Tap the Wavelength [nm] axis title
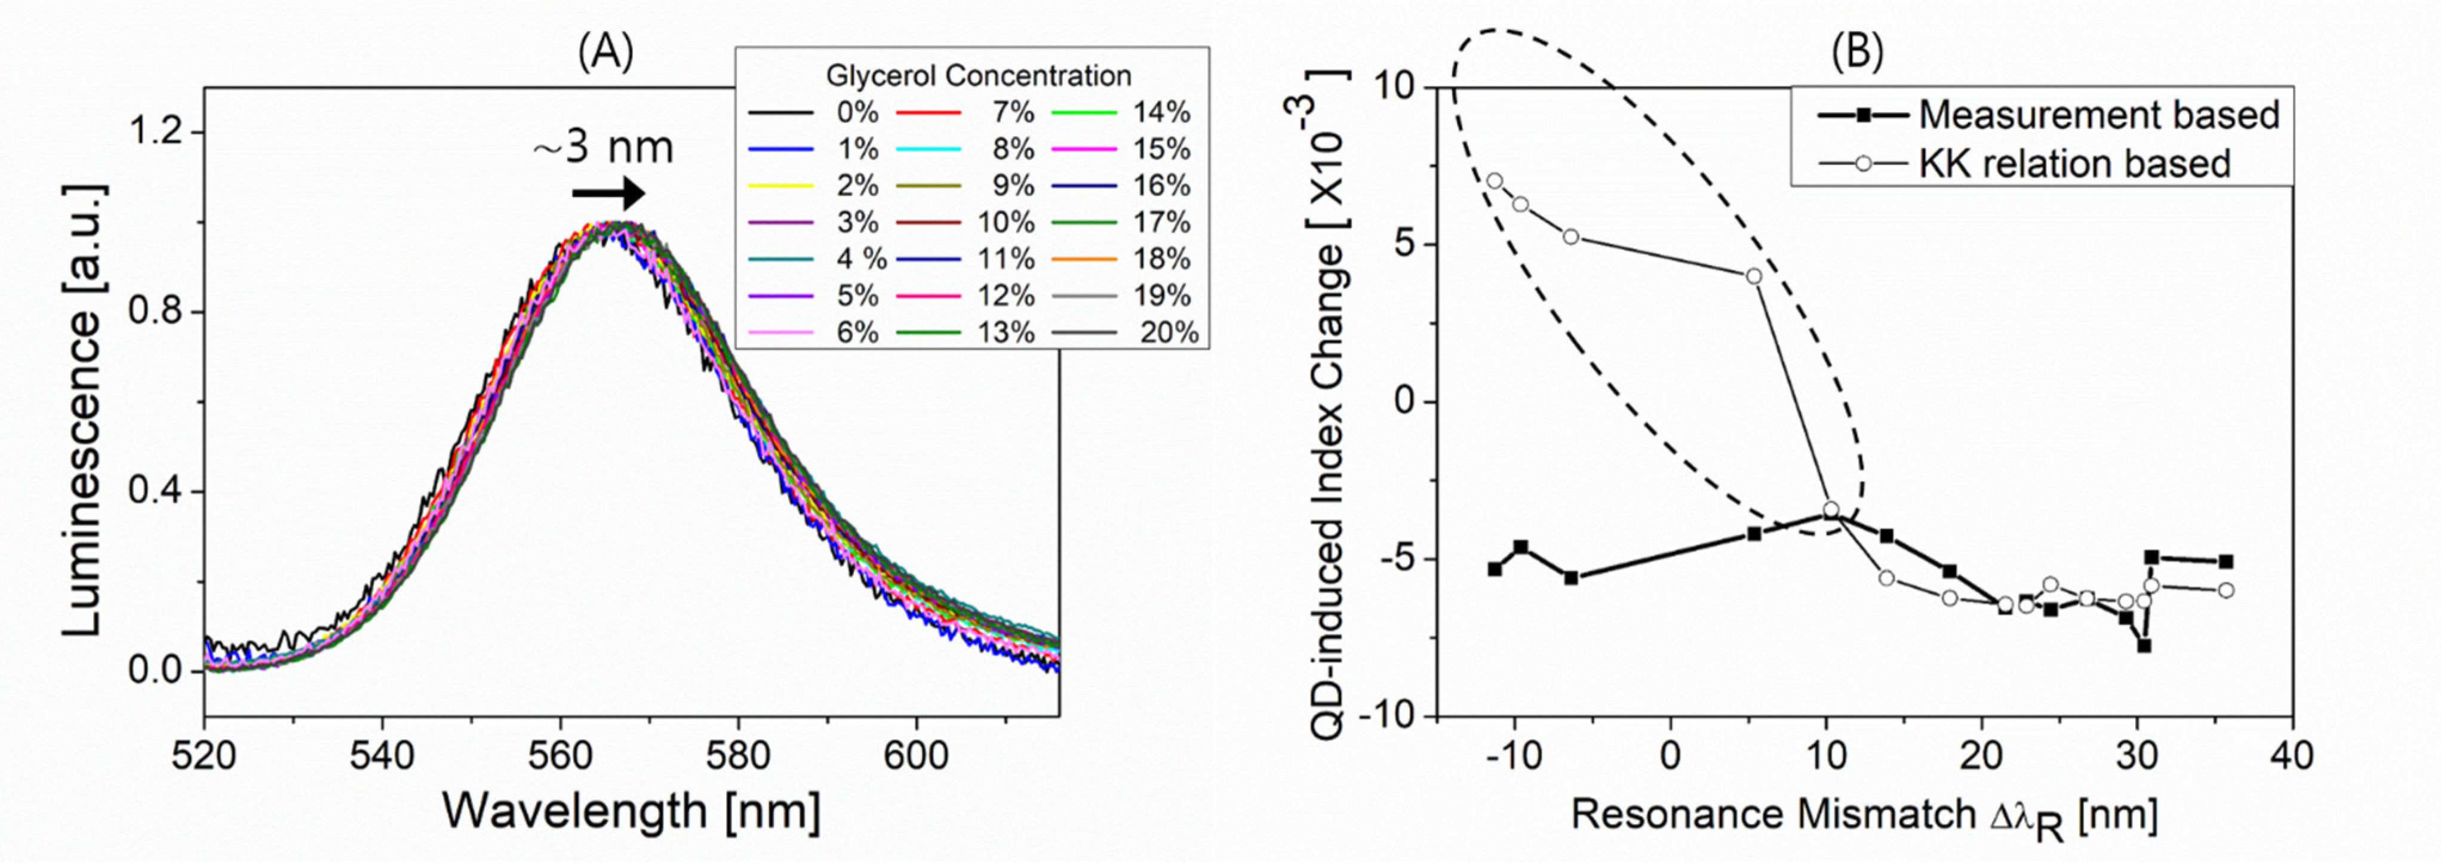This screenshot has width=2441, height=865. tap(631, 811)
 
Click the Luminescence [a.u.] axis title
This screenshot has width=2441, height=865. tap(84, 410)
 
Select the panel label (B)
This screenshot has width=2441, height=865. tap(1856, 54)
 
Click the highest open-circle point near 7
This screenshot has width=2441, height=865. tap(1495, 180)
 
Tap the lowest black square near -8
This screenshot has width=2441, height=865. tap(2144, 645)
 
